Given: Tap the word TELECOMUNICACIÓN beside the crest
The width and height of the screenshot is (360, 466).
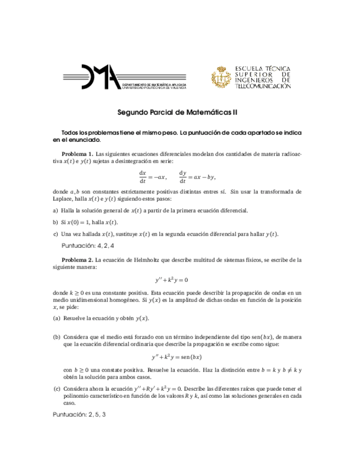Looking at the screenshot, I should coord(263,87).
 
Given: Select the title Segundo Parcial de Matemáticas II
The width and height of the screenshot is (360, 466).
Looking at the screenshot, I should coord(178,112).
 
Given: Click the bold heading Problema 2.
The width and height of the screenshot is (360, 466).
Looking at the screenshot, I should coord(77,259).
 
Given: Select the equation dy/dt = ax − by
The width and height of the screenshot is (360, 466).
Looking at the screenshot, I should coord(197,176).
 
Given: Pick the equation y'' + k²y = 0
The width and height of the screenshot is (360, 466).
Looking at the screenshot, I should coord(180,280).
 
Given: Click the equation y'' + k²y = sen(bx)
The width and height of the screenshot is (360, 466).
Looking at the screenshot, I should coord(180,356).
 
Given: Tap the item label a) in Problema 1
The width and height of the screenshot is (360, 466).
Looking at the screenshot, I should coord(55,210).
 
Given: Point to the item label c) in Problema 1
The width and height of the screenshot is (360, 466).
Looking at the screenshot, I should coord(55,234).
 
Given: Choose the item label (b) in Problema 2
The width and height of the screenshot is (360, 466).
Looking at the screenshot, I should coord(57,336).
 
